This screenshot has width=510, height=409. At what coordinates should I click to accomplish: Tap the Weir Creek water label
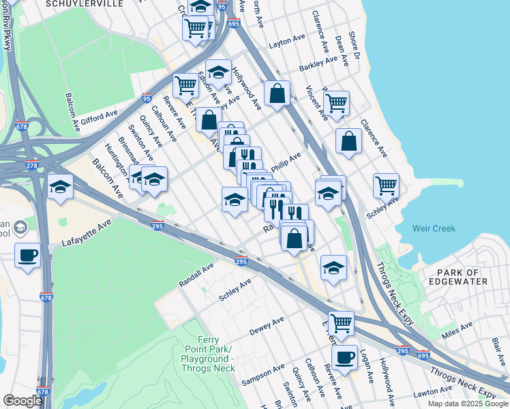coord(434,228)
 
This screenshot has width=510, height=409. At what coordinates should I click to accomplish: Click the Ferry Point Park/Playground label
coord(206,354)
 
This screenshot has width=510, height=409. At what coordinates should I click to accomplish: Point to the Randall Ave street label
coord(197,271)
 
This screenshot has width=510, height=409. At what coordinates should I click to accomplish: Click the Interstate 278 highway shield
coord(31,166)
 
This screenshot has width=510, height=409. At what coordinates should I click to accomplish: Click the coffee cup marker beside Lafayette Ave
coord(27,256)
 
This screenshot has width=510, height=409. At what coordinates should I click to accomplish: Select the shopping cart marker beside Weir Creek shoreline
coord(386,184)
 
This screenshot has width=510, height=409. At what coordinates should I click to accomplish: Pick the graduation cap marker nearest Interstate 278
coord(61,187)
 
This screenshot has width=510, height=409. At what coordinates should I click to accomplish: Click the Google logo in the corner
coord(22,401)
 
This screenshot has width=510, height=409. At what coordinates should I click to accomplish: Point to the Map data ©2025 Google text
coord(467,404)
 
